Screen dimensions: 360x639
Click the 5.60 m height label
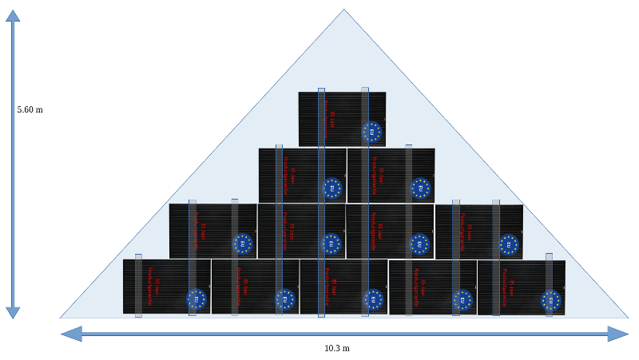(x=30, y=109)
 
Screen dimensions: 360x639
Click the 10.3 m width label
(x=336, y=349)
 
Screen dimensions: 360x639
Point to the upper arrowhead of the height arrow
(x=13, y=15)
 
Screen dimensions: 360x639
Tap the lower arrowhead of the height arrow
(x=13, y=312)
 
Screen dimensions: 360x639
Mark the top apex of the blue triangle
(x=344, y=10)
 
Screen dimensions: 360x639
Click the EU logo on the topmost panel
(x=372, y=132)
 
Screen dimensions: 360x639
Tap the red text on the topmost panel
(x=328, y=120)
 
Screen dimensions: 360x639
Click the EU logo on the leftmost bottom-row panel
(x=196, y=299)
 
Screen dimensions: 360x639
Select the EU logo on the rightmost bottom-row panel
(x=551, y=300)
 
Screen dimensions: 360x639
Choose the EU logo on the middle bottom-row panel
(x=374, y=300)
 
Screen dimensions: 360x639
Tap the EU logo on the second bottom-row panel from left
(x=285, y=299)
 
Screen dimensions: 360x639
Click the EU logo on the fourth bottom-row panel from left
(x=462, y=300)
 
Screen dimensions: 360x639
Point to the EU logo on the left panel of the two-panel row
(x=332, y=188)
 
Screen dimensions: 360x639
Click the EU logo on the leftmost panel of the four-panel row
(x=243, y=243)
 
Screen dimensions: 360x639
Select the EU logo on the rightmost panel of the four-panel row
(x=509, y=244)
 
